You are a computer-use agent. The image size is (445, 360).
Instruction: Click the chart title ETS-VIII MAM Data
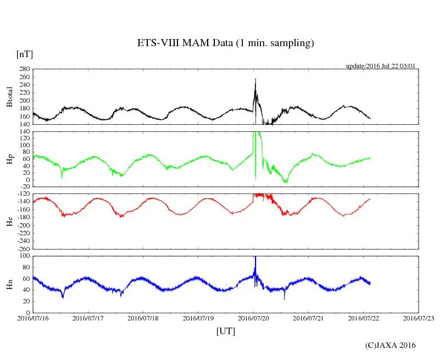pos(225,43)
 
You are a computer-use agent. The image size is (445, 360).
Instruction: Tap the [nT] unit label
pos(25,54)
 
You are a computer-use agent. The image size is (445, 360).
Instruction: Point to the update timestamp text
pos(380,66)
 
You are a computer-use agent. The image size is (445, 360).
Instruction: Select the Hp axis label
pos(9,159)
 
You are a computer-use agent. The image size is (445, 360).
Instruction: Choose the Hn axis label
pos(9,284)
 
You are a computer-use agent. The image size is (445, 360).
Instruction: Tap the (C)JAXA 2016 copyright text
pos(391,345)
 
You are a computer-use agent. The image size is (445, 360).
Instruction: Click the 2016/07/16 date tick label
pos(33,318)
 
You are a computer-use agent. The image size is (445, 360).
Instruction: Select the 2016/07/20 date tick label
pos(253,318)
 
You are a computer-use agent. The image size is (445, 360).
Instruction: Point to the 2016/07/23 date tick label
pos(418,318)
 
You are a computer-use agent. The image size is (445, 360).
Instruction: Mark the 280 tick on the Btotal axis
pos(24,70)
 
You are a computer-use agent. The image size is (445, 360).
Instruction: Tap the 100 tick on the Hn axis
pos(24,256)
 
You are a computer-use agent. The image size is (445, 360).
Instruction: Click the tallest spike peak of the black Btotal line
pos(255,79)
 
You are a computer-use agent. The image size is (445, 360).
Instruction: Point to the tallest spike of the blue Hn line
pos(255,257)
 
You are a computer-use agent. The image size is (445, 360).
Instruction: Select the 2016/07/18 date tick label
pos(143,318)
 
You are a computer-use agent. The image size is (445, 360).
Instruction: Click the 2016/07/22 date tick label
pos(363,318)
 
